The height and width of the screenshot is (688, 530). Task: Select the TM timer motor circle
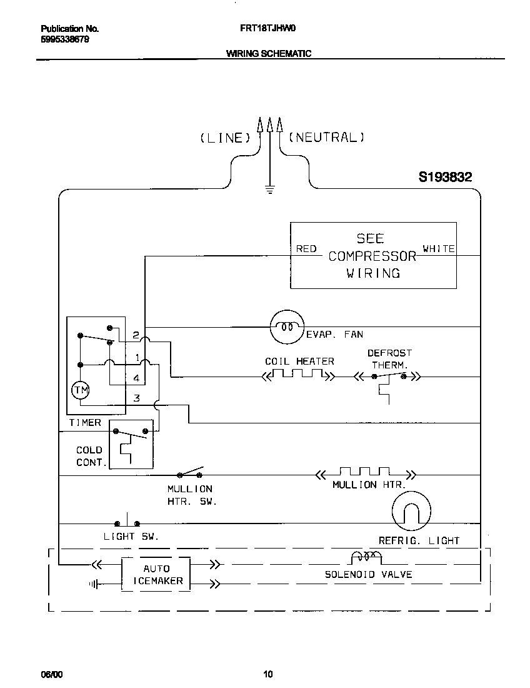click(x=81, y=391)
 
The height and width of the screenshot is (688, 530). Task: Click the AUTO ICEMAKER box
click(x=156, y=574)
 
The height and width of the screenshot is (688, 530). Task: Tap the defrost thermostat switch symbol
click(x=388, y=377)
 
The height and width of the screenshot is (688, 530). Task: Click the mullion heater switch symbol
click(x=191, y=473)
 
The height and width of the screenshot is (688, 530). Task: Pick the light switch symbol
click(x=127, y=522)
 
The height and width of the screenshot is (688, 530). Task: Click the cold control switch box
click(x=131, y=444)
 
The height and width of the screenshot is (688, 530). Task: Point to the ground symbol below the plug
click(x=270, y=188)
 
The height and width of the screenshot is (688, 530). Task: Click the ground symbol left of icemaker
click(x=94, y=584)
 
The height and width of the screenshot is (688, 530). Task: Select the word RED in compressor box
click(x=306, y=249)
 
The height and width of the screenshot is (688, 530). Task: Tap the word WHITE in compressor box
click(x=439, y=249)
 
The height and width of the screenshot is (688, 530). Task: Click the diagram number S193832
click(x=445, y=178)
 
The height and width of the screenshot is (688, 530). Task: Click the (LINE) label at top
click(x=224, y=138)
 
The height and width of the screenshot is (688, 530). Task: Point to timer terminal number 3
click(x=136, y=398)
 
